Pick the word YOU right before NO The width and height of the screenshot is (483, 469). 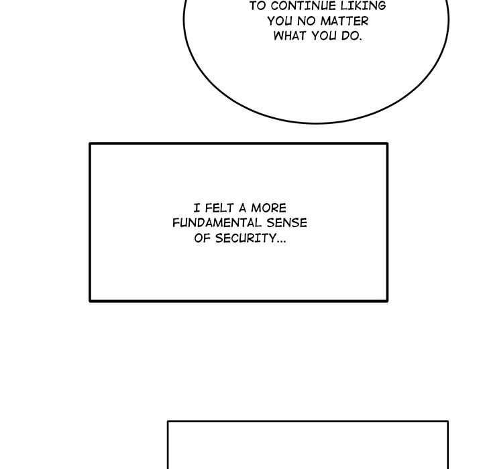[x=280, y=21]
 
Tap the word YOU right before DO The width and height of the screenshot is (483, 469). [x=327, y=36]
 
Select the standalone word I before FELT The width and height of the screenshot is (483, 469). [x=196, y=208]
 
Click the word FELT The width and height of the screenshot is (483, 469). [x=217, y=208]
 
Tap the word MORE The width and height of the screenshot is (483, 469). [x=269, y=208]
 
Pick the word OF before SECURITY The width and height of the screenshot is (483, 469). [x=203, y=238]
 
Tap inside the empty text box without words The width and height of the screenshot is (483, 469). [x=307, y=446]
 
